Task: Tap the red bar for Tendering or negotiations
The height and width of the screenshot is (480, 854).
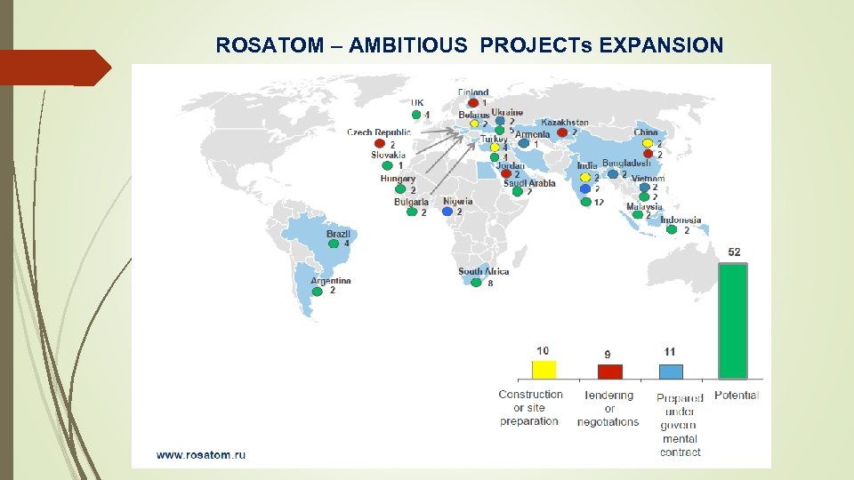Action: tap(609, 372)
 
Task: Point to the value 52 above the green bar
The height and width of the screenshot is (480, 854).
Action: tap(734, 252)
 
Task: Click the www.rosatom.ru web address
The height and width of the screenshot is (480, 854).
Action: tap(201, 454)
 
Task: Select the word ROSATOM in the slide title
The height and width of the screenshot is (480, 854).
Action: tap(258, 45)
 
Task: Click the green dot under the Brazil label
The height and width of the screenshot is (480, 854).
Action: tap(333, 244)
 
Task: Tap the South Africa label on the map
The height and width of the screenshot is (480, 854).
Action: tap(483, 271)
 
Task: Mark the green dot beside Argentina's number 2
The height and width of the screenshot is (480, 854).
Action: tap(317, 291)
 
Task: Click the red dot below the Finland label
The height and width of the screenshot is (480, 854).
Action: tap(473, 103)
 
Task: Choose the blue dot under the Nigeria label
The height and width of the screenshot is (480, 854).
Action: tap(447, 212)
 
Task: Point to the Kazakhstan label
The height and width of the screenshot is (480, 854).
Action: tap(564, 122)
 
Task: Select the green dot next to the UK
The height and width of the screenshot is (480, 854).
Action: tap(415, 114)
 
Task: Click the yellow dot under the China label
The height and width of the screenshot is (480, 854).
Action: tap(648, 143)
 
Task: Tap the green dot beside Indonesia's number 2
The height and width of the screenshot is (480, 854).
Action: tap(673, 230)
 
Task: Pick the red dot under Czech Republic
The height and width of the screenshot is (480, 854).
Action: tap(379, 144)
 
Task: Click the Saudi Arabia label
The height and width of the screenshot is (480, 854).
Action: tap(528, 183)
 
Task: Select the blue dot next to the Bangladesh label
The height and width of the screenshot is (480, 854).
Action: tap(613, 174)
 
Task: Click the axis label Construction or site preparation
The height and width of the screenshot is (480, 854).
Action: tap(530, 407)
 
